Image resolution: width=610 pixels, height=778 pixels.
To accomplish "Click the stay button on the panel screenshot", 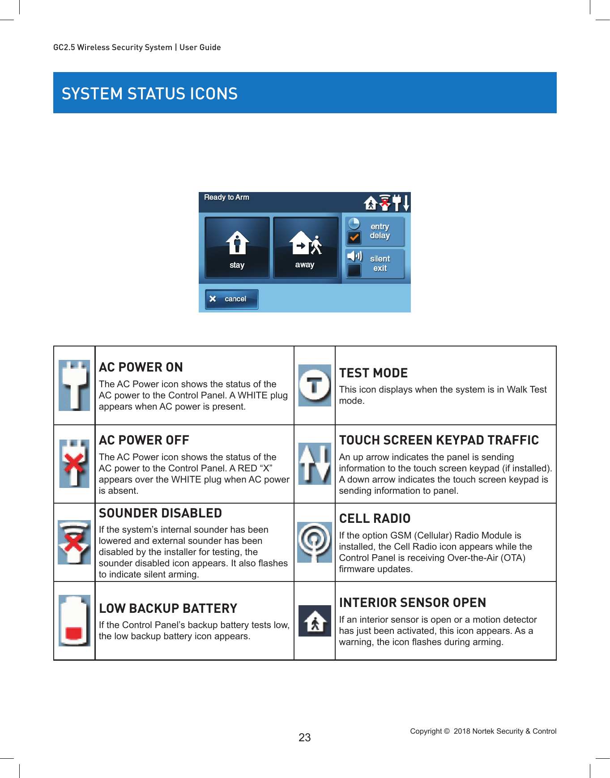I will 237,248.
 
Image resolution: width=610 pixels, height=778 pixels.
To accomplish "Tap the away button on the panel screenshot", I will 305,248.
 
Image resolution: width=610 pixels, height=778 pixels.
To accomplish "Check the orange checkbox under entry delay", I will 354,238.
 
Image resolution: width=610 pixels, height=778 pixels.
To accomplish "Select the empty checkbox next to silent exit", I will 354,270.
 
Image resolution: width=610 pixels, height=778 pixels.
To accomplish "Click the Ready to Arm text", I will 226,197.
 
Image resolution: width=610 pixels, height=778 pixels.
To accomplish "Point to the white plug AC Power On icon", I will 74,385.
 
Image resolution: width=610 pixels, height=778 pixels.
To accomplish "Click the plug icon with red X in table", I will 74,463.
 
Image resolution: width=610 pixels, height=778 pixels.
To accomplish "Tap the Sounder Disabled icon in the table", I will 74,542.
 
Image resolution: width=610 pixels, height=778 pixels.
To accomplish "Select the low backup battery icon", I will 74,620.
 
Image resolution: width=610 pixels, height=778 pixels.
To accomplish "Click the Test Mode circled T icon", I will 315,385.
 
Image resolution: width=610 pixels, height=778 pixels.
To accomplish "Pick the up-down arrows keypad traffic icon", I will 315,463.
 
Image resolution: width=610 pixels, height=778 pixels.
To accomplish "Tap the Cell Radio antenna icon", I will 315,542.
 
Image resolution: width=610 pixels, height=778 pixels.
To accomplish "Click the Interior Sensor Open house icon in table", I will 315,621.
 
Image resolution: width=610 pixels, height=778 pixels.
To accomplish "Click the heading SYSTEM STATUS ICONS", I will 149,94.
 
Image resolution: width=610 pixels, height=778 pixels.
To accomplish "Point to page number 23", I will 305,737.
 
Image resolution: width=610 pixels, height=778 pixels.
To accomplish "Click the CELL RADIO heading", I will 375,518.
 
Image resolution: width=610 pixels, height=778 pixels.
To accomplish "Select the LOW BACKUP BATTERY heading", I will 168,608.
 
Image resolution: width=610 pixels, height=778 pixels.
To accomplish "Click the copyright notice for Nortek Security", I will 483,731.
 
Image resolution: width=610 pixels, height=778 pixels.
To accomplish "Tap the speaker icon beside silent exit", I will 354,256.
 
